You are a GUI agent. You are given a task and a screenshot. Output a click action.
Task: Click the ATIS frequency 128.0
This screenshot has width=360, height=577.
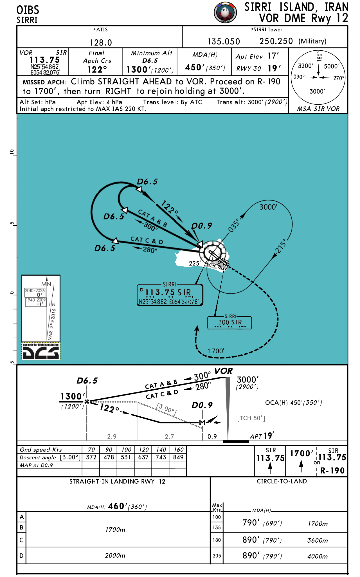point(101,42)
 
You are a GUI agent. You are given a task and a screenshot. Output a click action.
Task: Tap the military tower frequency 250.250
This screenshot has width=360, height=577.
point(276,41)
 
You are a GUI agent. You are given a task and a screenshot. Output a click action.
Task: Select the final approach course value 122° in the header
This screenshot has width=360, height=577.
point(97,69)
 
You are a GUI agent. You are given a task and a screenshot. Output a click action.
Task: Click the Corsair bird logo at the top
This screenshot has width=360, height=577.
point(225,13)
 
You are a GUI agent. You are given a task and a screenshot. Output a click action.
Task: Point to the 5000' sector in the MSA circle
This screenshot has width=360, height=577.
point(332,66)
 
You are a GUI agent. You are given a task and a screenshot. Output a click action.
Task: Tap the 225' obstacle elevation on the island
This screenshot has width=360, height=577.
point(195,263)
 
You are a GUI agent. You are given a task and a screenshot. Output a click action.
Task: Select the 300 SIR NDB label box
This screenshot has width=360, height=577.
point(229,322)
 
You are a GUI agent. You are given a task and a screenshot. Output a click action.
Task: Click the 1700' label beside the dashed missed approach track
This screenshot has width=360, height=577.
point(216,351)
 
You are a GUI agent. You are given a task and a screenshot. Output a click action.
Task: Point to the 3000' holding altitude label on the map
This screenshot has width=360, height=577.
point(268,207)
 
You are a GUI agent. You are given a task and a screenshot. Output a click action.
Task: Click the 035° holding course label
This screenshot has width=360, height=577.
point(234,225)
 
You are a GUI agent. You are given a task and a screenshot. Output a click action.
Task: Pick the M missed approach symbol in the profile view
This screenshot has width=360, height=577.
point(202,423)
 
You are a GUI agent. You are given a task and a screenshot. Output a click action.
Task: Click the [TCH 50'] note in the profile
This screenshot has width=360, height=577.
point(251,418)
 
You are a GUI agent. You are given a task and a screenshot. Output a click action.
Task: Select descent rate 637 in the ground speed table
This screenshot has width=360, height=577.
point(143,457)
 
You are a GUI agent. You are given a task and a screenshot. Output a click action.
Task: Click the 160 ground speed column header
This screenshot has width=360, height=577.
point(178,450)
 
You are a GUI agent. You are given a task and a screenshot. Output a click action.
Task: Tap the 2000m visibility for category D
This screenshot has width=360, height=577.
point(115,555)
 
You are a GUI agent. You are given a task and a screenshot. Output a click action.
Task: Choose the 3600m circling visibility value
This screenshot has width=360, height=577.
point(318,540)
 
